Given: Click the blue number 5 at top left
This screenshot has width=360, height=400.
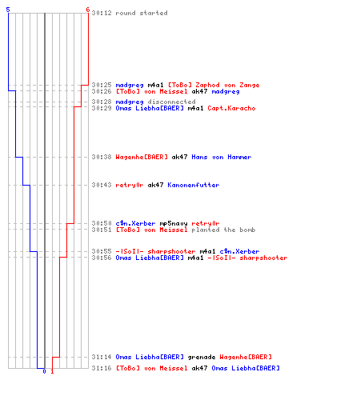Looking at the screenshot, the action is [x=8, y=10].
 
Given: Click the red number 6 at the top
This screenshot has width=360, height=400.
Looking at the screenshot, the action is [x=88, y=10].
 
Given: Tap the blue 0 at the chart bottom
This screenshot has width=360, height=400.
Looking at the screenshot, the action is [x=44, y=371].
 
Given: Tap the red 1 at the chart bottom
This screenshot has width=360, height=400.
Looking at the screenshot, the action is [x=52, y=371].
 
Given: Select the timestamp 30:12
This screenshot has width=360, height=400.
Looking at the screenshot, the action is [x=102, y=13].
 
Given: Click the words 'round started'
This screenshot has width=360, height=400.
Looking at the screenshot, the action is [x=142, y=13].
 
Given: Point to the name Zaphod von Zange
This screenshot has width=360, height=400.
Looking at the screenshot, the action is [x=227, y=85].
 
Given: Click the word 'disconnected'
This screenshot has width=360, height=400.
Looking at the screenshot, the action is [x=172, y=102].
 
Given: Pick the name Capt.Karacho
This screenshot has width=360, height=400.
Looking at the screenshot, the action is [x=231, y=108].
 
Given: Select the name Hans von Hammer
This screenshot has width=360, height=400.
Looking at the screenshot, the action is [x=222, y=157].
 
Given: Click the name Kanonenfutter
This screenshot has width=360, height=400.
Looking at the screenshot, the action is [x=194, y=185].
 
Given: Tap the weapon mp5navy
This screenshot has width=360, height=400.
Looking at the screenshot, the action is [x=174, y=223].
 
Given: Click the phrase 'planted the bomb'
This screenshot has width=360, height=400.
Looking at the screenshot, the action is [x=223, y=230].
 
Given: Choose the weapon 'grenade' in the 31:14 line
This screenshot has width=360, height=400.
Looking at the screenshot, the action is [x=202, y=357].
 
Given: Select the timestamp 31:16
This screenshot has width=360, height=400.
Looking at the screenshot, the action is [x=102, y=368].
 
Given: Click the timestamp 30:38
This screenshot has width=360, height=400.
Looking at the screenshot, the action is [x=102, y=157].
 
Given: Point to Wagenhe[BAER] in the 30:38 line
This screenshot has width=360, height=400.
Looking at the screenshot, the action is [x=142, y=157].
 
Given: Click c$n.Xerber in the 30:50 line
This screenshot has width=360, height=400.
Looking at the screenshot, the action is [x=135, y=223].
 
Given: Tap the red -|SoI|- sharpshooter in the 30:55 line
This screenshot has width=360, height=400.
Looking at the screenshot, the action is [x=155, y=251].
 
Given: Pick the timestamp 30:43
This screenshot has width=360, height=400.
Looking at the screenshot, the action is [x=102, y=185].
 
